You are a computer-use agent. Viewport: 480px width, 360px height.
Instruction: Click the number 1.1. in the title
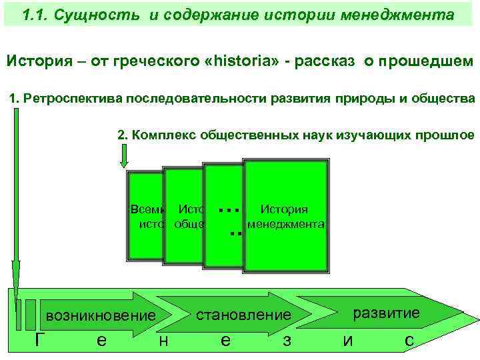[35, 15]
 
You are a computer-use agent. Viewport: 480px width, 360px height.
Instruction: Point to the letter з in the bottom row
[286, 341]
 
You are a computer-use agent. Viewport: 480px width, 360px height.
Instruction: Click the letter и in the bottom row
[347, 341]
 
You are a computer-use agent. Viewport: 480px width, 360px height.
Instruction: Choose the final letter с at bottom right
[409, 341]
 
